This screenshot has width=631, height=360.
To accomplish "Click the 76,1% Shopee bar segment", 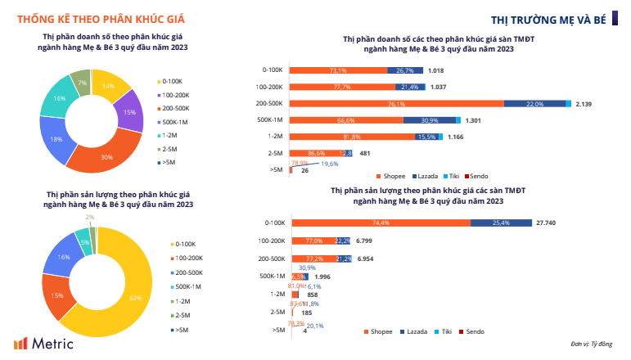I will pyautogui.click(x=396, y=104).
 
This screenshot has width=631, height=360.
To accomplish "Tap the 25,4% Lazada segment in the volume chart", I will pyautogui.click(x=501, y=223).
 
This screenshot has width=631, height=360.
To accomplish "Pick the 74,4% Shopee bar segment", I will pyautogui.click(x=380, y=223).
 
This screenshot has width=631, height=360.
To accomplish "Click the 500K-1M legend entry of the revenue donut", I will pyautogui.click(x=174, y=121).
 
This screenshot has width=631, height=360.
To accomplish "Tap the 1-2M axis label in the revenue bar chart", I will pyautogui.click(x=274, y=137).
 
